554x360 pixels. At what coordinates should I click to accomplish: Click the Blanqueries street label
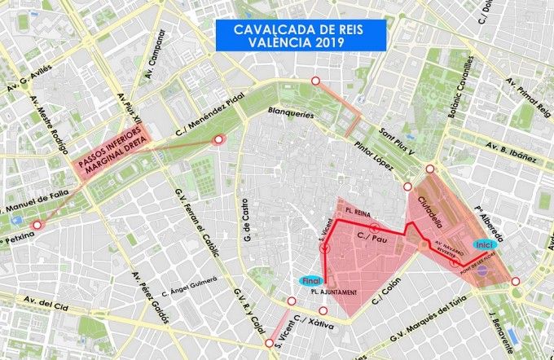pyautogui.click(x=291, y=115)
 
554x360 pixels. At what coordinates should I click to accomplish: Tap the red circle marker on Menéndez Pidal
pyautogui.click(x=218, y=141)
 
